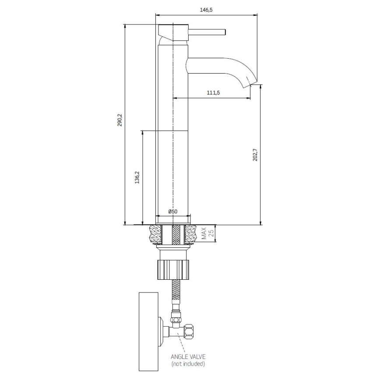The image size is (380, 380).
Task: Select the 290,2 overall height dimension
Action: coord(120,120)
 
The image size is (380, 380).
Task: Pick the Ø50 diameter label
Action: coord(172,211)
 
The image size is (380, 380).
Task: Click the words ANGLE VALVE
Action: coord(187,356)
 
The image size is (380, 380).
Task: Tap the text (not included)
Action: coord(187,363)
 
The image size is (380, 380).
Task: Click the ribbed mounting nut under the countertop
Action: coord(174,269)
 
